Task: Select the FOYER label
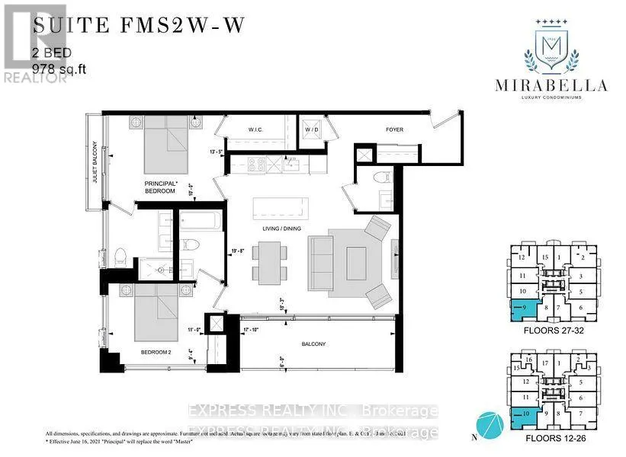click(x=393, y=129)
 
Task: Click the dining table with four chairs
click(x=273, y=259)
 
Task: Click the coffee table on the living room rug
click(x=353, y=259)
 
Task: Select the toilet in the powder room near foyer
click(x=381, y=180)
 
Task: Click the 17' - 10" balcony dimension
click(x=252, y=330)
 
